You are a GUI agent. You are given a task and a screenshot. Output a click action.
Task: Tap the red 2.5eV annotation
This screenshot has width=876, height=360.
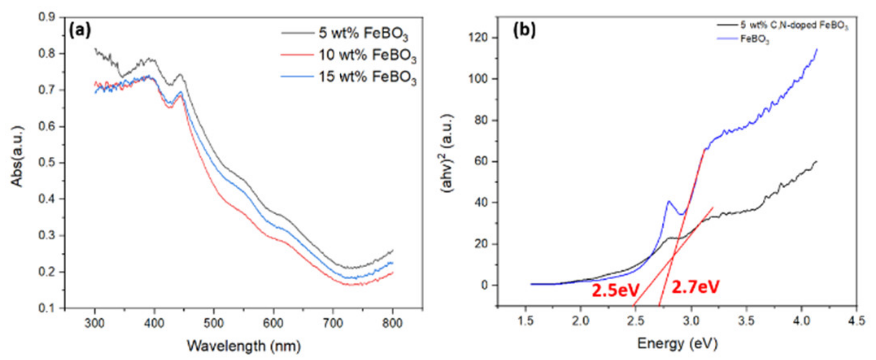point(616,290)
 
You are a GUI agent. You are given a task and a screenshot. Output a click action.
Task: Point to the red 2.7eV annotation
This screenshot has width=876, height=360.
point(695,287)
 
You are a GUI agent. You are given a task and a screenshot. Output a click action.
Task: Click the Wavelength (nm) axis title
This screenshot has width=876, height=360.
point(244,346)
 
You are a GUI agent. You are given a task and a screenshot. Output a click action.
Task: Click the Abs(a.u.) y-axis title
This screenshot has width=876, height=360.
point(17,156)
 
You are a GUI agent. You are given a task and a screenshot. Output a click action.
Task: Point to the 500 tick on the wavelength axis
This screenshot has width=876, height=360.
point(214,323)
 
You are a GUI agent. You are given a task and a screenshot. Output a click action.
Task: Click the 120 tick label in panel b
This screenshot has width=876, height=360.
point(478,38)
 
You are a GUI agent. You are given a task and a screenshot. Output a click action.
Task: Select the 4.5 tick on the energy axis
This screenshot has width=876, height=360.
point(856,321)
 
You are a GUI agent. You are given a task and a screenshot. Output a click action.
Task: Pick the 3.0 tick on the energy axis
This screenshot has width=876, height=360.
point(690,321)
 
